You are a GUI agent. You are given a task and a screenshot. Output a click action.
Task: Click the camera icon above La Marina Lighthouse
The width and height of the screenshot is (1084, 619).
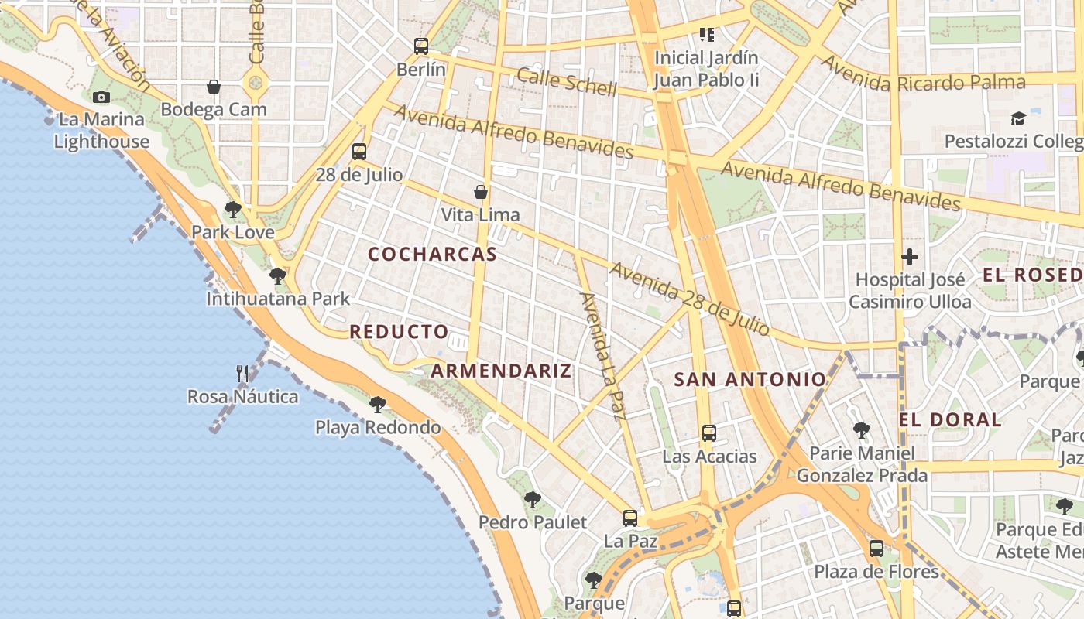click(x=101, y=97)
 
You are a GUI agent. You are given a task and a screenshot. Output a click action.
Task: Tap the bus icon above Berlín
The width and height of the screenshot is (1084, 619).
click(x=421, y=46)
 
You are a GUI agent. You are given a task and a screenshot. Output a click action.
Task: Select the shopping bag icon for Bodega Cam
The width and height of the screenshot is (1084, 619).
click(x=214, y=87)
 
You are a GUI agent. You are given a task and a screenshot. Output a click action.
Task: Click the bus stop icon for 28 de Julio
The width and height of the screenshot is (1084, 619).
click(x=358, y=152)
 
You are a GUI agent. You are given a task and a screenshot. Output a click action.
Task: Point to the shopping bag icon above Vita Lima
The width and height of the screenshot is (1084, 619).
click(x=481, y=191)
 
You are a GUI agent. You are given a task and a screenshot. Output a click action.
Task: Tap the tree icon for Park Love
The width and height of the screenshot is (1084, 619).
click(x=232, y=209)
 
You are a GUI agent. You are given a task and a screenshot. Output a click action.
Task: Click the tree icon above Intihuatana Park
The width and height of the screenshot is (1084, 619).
click(x=278, y=275)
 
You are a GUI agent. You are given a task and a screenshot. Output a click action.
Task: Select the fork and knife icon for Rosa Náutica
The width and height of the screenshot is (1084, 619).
click(x=242, y=374)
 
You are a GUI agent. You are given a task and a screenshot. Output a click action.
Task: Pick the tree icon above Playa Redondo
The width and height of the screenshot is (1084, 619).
click(x=377, y=404)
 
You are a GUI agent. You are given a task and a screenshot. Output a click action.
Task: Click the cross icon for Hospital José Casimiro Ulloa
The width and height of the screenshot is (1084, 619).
click(x=910, y=256)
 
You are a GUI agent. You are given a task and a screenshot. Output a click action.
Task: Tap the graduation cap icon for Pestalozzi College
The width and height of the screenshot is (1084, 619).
click(x=1018, y=118)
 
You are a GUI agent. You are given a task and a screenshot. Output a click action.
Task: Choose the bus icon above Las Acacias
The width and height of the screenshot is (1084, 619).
click(x=708, y=433)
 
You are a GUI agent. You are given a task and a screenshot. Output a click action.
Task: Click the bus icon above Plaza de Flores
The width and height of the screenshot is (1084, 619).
click(x=876, y=549)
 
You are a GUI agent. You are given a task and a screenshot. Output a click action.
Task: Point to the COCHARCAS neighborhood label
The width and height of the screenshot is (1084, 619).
click(x=432, y=255)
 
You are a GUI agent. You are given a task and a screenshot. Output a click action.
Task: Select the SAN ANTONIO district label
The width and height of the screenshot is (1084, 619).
click(x=750, y=379)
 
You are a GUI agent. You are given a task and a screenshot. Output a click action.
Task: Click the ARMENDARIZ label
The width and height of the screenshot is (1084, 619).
click(x=501, y=371)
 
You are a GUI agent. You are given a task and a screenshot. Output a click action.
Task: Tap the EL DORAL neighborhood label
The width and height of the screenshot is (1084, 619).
click(x=950, y=420)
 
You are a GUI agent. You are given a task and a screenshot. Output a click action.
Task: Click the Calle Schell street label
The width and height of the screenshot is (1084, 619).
click(x=567, y=82)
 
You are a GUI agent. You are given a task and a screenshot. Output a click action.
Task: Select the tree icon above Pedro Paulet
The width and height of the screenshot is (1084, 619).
click(x=532, y=499)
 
